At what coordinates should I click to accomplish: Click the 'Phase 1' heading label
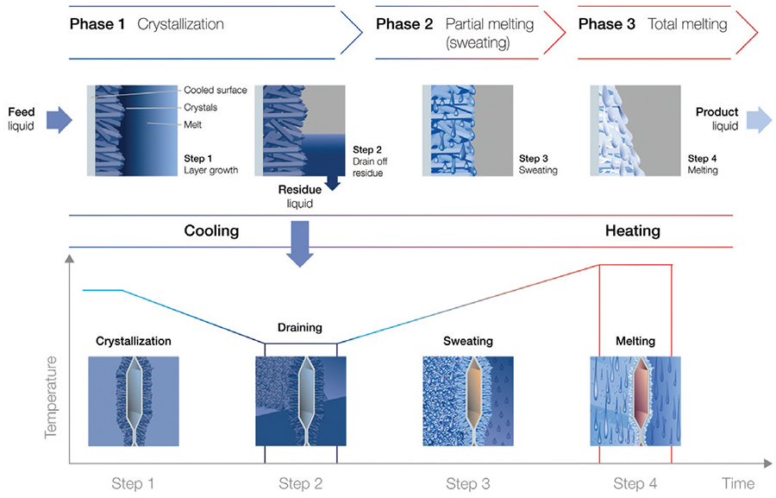coord(97,24)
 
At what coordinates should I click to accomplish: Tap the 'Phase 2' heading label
coord(404,24)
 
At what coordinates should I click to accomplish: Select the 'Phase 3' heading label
coord(607,24)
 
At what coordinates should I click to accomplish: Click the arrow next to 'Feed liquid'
coord(59,120)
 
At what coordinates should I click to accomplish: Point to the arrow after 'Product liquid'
coord(759,120)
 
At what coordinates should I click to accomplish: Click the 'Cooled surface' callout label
coord(216,90)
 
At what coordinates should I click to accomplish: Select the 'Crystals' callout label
coord(200,108)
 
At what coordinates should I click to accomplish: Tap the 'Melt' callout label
coord(192,125)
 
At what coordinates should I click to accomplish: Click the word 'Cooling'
coord(211,231)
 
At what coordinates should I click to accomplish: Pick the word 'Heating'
coord(633,231)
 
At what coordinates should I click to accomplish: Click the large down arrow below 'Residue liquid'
coord(300,243)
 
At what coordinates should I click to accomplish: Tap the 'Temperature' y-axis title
coord(51,397)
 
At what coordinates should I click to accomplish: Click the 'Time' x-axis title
coord(738,483)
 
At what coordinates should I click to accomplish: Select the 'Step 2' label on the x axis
coord(300,483)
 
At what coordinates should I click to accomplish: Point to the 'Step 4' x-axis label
coord(635,483)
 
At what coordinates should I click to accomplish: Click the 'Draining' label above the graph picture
coord(300,327)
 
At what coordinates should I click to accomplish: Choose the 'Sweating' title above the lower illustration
coord(467,341)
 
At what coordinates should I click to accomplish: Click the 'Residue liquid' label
coord(299,196)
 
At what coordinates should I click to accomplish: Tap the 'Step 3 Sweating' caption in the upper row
coord(538,164)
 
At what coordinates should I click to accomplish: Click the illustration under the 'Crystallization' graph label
coord(134,400)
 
